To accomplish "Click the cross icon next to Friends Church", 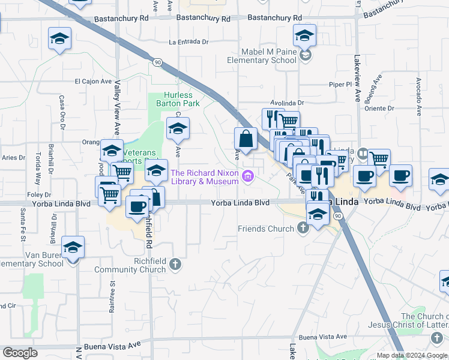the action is tap(303, 228).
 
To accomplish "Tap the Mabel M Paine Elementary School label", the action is tap(262, 56).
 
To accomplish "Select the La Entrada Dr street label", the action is tap(188, 43).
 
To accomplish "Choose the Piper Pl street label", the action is tap(339, 85).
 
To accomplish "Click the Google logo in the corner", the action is tap(20, 353).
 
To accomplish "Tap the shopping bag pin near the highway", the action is tap(246, 139).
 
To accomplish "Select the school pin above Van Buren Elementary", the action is tap(73, 247).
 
